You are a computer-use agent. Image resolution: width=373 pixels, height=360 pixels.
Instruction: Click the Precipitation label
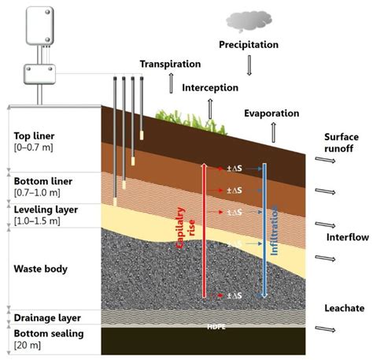(x=249, y=45)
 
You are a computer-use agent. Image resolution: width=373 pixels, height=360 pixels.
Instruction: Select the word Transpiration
(x=171, y=64)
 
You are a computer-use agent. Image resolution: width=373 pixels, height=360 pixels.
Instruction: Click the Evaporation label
(x=274, y=113)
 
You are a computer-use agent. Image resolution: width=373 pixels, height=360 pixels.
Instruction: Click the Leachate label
(x=344, y=306)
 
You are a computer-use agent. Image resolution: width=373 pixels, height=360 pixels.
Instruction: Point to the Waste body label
(x=40, y=269)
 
